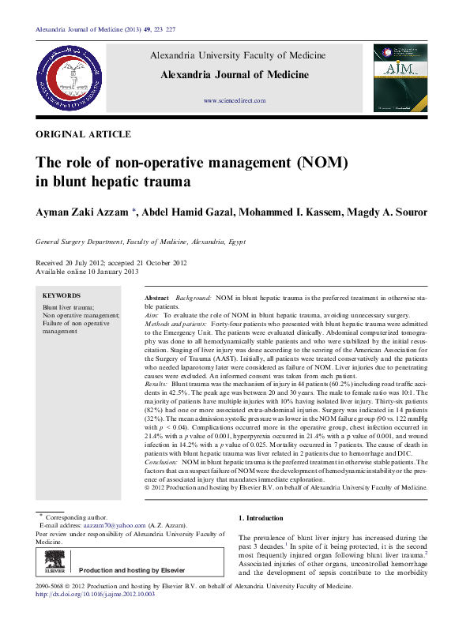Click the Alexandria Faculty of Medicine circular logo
pyautogui.click(x=67, y=78)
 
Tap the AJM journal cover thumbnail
pyautogui.click(x=401, y=78)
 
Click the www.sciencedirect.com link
pyautogui.click(x=235, y=101)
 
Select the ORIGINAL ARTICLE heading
pyautogui.click(x=84, y=134)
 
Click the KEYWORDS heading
pyautogui.click(x=62, y=295)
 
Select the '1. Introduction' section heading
pyautogui.click(x=261, y=518)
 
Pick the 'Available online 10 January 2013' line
pyautogui.click(x=88, y=271)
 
